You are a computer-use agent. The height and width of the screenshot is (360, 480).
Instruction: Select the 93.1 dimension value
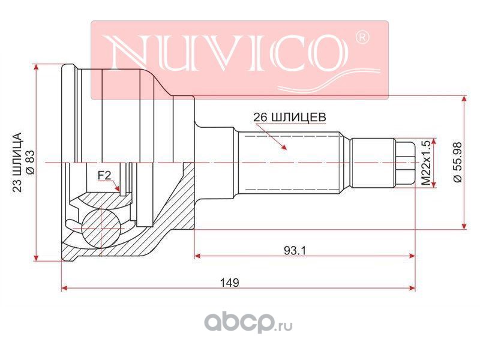pos(295,251)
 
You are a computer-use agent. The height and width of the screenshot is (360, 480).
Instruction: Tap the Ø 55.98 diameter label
pos(458,162)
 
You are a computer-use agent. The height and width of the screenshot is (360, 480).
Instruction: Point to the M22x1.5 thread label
pos(426,163)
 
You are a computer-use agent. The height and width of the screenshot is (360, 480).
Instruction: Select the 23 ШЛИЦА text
pos(17,162)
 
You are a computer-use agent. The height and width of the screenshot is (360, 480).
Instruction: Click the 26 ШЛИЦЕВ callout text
pos(289,117)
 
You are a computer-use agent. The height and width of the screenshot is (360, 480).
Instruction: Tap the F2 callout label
pos(104,175)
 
